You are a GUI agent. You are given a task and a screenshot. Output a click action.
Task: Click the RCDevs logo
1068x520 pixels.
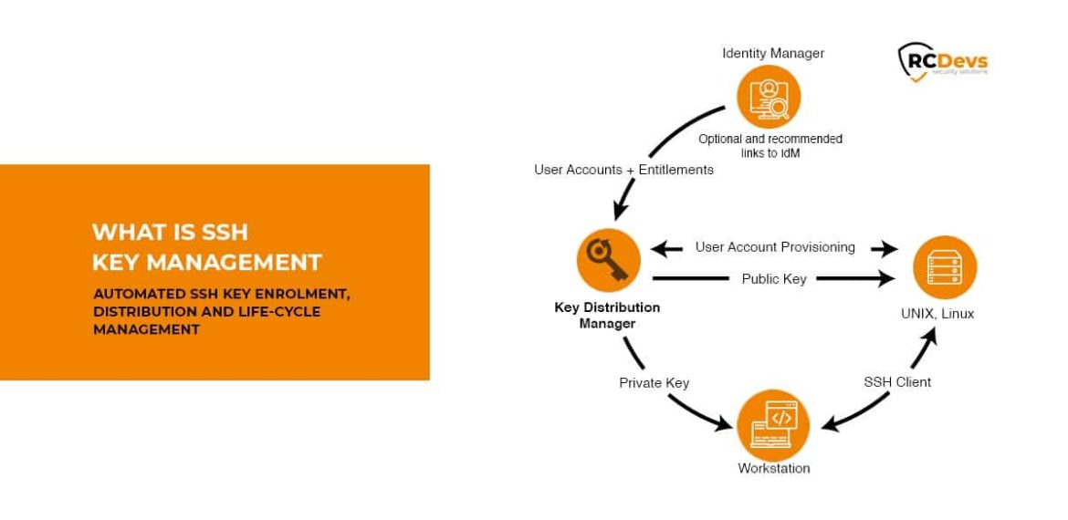[x=943, y=62]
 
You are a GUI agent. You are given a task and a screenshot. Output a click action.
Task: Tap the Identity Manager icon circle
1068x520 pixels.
[x=769, y=98]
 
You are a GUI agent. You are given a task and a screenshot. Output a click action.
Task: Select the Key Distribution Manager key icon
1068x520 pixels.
[x=608, y=260]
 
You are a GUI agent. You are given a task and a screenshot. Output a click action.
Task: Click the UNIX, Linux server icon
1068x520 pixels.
[x=945, y=268]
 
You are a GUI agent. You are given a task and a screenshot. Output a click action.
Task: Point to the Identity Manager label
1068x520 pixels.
[x=773, y=53]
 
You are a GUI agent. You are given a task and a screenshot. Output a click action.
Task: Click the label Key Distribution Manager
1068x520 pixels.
[x=607, y=315]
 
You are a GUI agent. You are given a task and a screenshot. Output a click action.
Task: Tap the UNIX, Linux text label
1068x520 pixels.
[x=937, y=314]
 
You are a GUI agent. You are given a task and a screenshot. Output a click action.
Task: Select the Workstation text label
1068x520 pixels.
[x=774, y=468]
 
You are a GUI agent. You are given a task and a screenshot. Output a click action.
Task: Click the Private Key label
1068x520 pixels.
[x=654, y=382]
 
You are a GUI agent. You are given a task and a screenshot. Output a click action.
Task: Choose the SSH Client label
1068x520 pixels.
[x=897, y=382]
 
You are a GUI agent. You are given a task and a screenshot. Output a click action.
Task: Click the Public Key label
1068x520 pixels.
[x=774, y=279]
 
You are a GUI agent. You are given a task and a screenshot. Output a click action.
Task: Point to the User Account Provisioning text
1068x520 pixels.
[x=775, y=247]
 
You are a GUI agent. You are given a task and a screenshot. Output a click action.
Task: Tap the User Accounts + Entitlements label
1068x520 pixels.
[x=623, y=170]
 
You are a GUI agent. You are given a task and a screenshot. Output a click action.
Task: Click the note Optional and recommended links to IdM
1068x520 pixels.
[x=770, y=146]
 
